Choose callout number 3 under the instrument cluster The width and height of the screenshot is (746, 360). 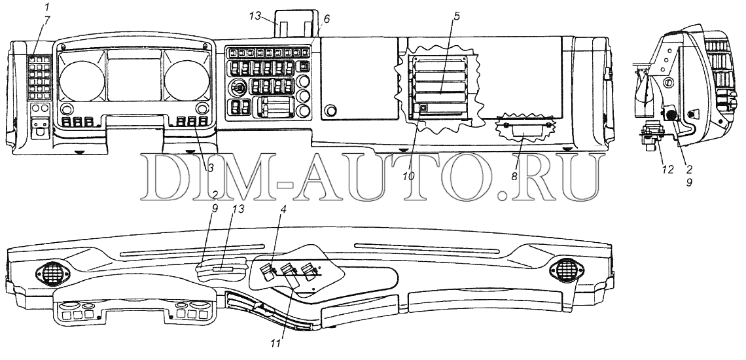point(211,168)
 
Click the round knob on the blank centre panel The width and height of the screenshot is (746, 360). point(332,110)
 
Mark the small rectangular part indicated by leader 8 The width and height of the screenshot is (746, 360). point(528,135)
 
